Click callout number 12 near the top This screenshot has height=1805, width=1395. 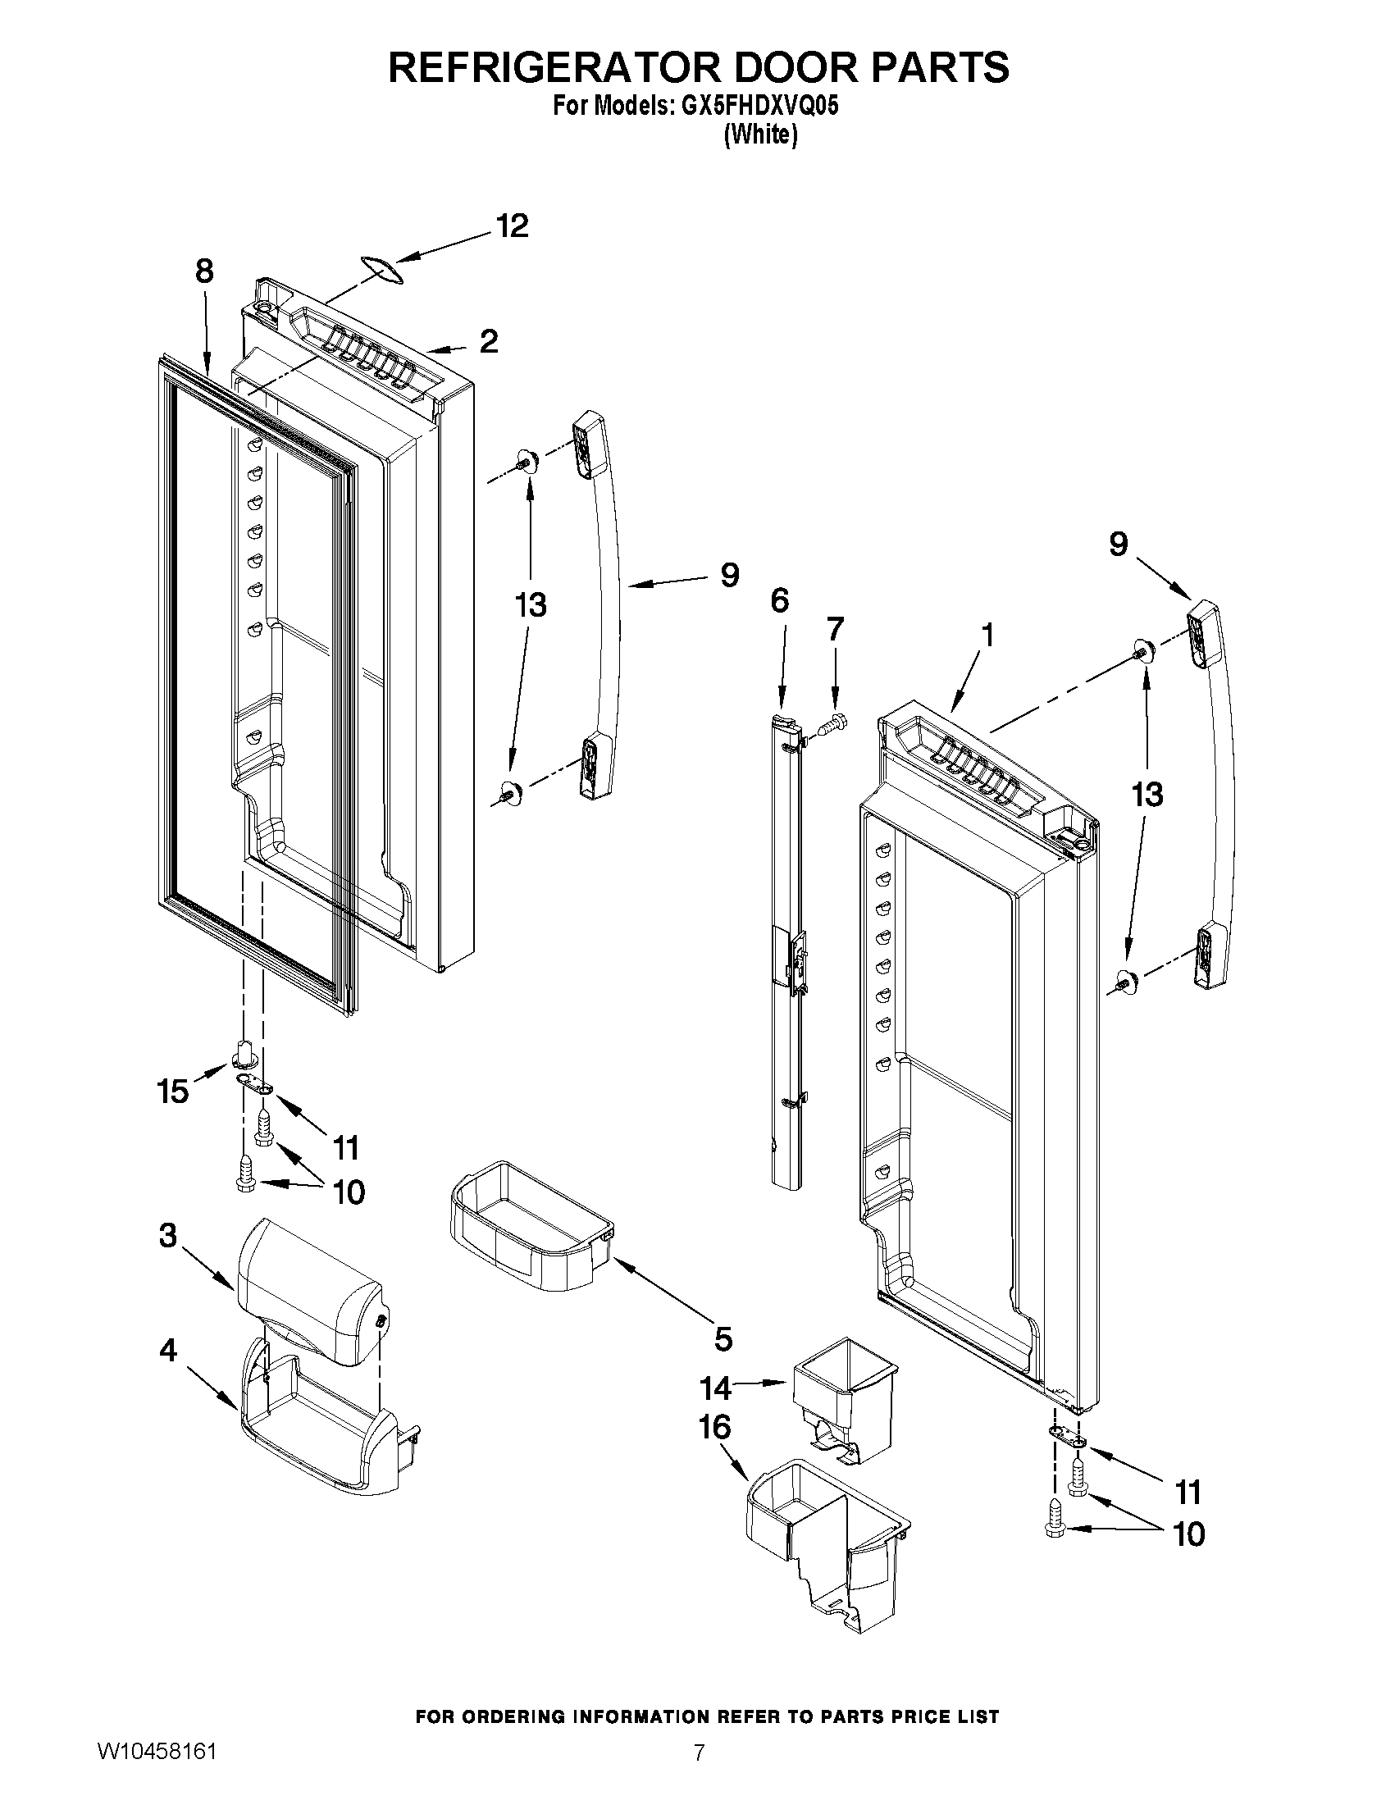pos(512,226)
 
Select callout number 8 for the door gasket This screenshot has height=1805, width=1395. pos(204,271)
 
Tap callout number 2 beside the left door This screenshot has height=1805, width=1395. pos(490,340)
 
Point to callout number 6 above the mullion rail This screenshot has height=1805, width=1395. pos(779,600)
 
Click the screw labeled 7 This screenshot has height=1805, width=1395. pos(831,726)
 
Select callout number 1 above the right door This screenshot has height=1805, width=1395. pos(987,636)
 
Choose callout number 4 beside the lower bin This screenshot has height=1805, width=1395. pos(168,1351)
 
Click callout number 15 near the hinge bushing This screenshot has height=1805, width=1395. pos(173,1092)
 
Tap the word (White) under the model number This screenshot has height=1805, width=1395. pos(760,134)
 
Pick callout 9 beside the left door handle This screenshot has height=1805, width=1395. pos(729,574)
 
